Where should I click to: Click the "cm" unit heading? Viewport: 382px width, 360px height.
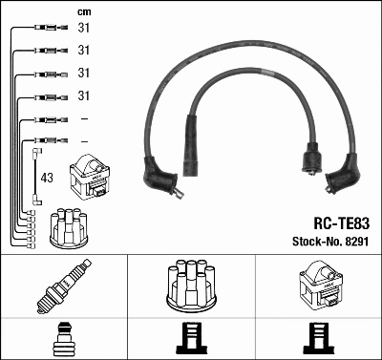click(83, 11)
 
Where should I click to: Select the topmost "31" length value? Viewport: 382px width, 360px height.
click(83, 28)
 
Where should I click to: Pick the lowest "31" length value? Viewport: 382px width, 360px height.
click(83, 95)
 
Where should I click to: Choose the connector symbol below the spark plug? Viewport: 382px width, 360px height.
click(62, 338)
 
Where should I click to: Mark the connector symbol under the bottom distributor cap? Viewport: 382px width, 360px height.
click(191, 338)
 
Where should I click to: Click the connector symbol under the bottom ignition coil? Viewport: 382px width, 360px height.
click(318, 338)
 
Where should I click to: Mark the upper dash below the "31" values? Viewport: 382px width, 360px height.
click(84, 118)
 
